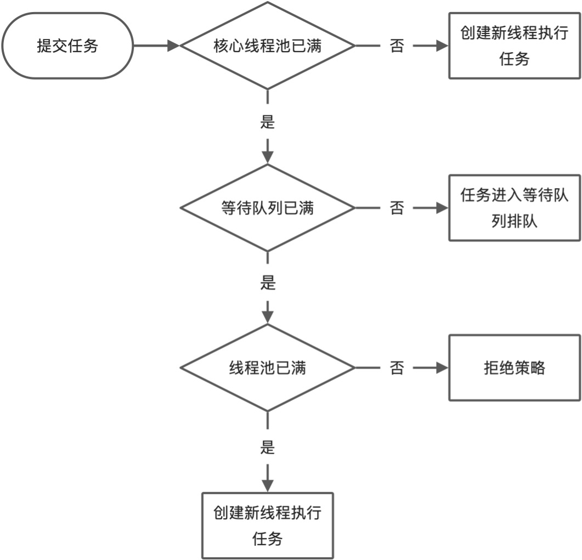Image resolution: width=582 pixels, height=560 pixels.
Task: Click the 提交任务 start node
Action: pyautogui.click(x=67, y=46)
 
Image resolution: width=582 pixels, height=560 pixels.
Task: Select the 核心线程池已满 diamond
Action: pyautogui.click(x=267, y=46)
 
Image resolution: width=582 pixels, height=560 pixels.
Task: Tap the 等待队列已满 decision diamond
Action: pyautogui.click(x=267, y=208)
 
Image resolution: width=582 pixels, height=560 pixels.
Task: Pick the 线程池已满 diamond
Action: pyautogui.click(x=267, y=368)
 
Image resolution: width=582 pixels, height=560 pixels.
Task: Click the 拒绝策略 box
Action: pyautogui.click(x=514, y=367)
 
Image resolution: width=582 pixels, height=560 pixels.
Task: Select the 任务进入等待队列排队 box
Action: pyautogui.click(x=514, y=208)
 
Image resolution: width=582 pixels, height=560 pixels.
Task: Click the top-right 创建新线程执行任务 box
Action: pyautogui.click(x=514, y=46)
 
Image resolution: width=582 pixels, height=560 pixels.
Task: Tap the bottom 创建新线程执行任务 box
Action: pyautogui.click(x=267, y=525)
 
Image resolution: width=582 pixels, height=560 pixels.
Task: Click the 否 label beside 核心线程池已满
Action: pyautogui.click(x=397, y=46)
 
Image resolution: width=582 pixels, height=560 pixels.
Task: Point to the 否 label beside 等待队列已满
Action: pyautogui.click(x=397, y=208)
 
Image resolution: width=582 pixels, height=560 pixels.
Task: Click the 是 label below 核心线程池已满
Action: pyautogui.click(x=267, y=122)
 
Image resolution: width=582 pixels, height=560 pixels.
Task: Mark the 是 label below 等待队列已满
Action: pyautogui.click(x=267, y=284)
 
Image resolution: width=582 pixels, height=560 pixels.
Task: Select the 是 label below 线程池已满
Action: pyautogui.click(x=267, y=447)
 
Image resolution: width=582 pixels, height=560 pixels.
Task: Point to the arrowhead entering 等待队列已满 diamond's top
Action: pyautogui.click(x=267, y=157)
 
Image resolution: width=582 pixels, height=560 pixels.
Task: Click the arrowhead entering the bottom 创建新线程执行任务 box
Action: pyautogui.click(x=267, y=485)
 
